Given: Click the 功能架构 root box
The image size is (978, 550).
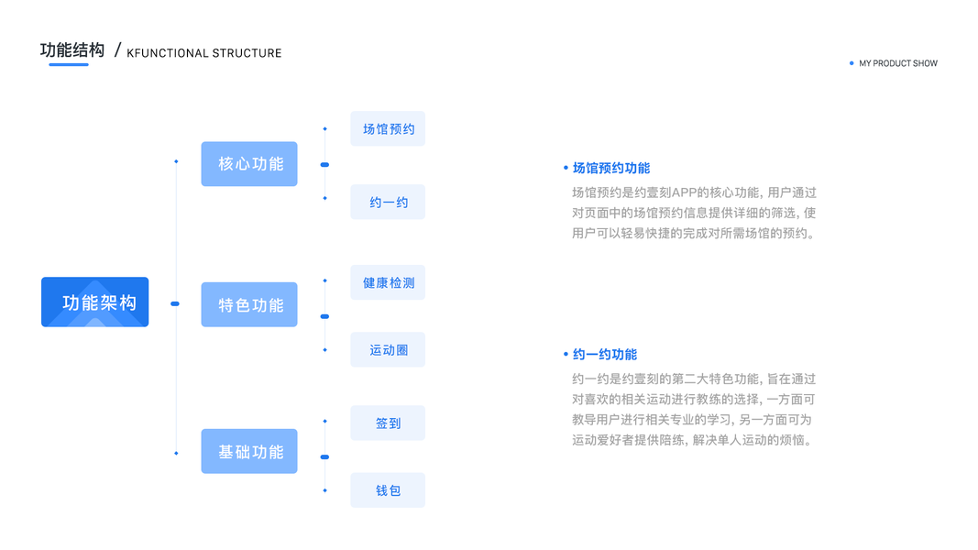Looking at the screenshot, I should click(x=94, y=302).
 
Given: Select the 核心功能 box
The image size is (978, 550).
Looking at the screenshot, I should click(x=249, y=164).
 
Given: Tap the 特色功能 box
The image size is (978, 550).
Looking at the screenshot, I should click(x=249, y=304).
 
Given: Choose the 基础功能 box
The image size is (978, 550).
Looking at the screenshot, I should click(x=249, y=451).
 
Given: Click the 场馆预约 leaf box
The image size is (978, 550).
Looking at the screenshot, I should click(x=388, y=129).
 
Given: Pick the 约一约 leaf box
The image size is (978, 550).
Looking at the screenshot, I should click(x=388, y=202).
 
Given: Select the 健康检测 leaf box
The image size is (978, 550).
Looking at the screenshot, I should click(x=388, y=282).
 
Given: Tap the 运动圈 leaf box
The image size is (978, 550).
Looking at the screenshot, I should click(x=388, y=350).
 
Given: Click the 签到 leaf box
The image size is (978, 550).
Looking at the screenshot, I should click(x=388, y=423).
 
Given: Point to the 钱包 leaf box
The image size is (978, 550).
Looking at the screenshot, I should click(x=388, y=490).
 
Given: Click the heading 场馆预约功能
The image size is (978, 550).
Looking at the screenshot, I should click(x=610, y=168).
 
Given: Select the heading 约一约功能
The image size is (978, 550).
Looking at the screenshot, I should click(x=604, y=354).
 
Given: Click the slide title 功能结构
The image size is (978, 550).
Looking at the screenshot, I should click(x=72, y=49).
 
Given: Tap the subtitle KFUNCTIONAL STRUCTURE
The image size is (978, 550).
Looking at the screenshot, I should click(x=203, y=53).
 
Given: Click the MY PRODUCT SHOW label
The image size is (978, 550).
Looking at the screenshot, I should click(x=898, y=63).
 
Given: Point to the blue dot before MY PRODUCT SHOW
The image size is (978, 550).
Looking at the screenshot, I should click(x=852, y=63).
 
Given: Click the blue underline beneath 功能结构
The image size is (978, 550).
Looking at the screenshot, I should click(x=69, y=65).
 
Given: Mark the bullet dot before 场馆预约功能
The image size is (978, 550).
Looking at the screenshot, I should click(x=566, y=168).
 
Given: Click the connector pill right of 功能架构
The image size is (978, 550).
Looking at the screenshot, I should click(x=175, y=303).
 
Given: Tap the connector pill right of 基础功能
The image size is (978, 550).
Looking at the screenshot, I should click(x=324, y=456).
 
